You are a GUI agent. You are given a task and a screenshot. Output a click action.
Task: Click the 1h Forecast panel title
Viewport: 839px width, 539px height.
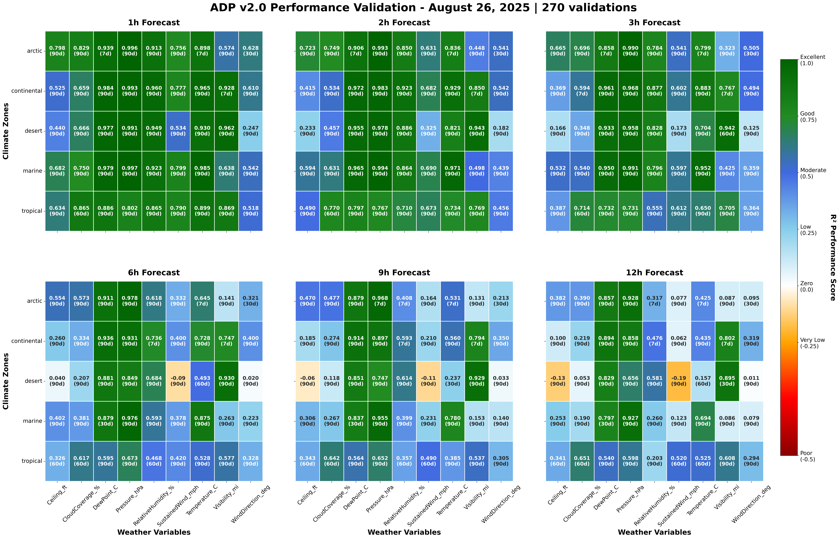(154, 23)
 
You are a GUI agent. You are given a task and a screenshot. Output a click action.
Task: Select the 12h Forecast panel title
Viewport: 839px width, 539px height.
(654, 273)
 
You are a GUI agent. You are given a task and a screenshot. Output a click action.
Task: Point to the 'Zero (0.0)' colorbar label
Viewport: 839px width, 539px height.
(807, 286)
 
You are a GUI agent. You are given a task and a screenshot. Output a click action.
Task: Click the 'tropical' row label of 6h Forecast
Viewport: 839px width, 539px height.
(32, 461)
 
